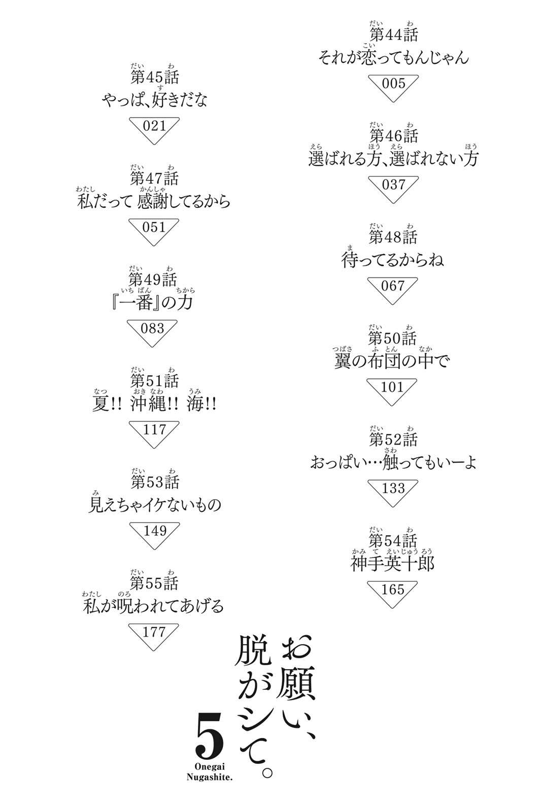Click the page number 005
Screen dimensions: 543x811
(x=393, y=84)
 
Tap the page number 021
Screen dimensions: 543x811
(x=154, y=126)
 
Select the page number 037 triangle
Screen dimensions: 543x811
(x=393, y=190)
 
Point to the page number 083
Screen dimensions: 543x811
(x=153, y=328)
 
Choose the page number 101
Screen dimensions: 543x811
(x=392, y=387)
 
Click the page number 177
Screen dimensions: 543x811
(x=154, y=632)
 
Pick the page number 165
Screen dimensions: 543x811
(x=393, y=589)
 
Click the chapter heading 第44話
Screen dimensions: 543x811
(x=394, y=35)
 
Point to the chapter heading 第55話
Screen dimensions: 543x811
(x=154, y=583)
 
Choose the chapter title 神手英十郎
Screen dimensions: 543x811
(x=393, y=563)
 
